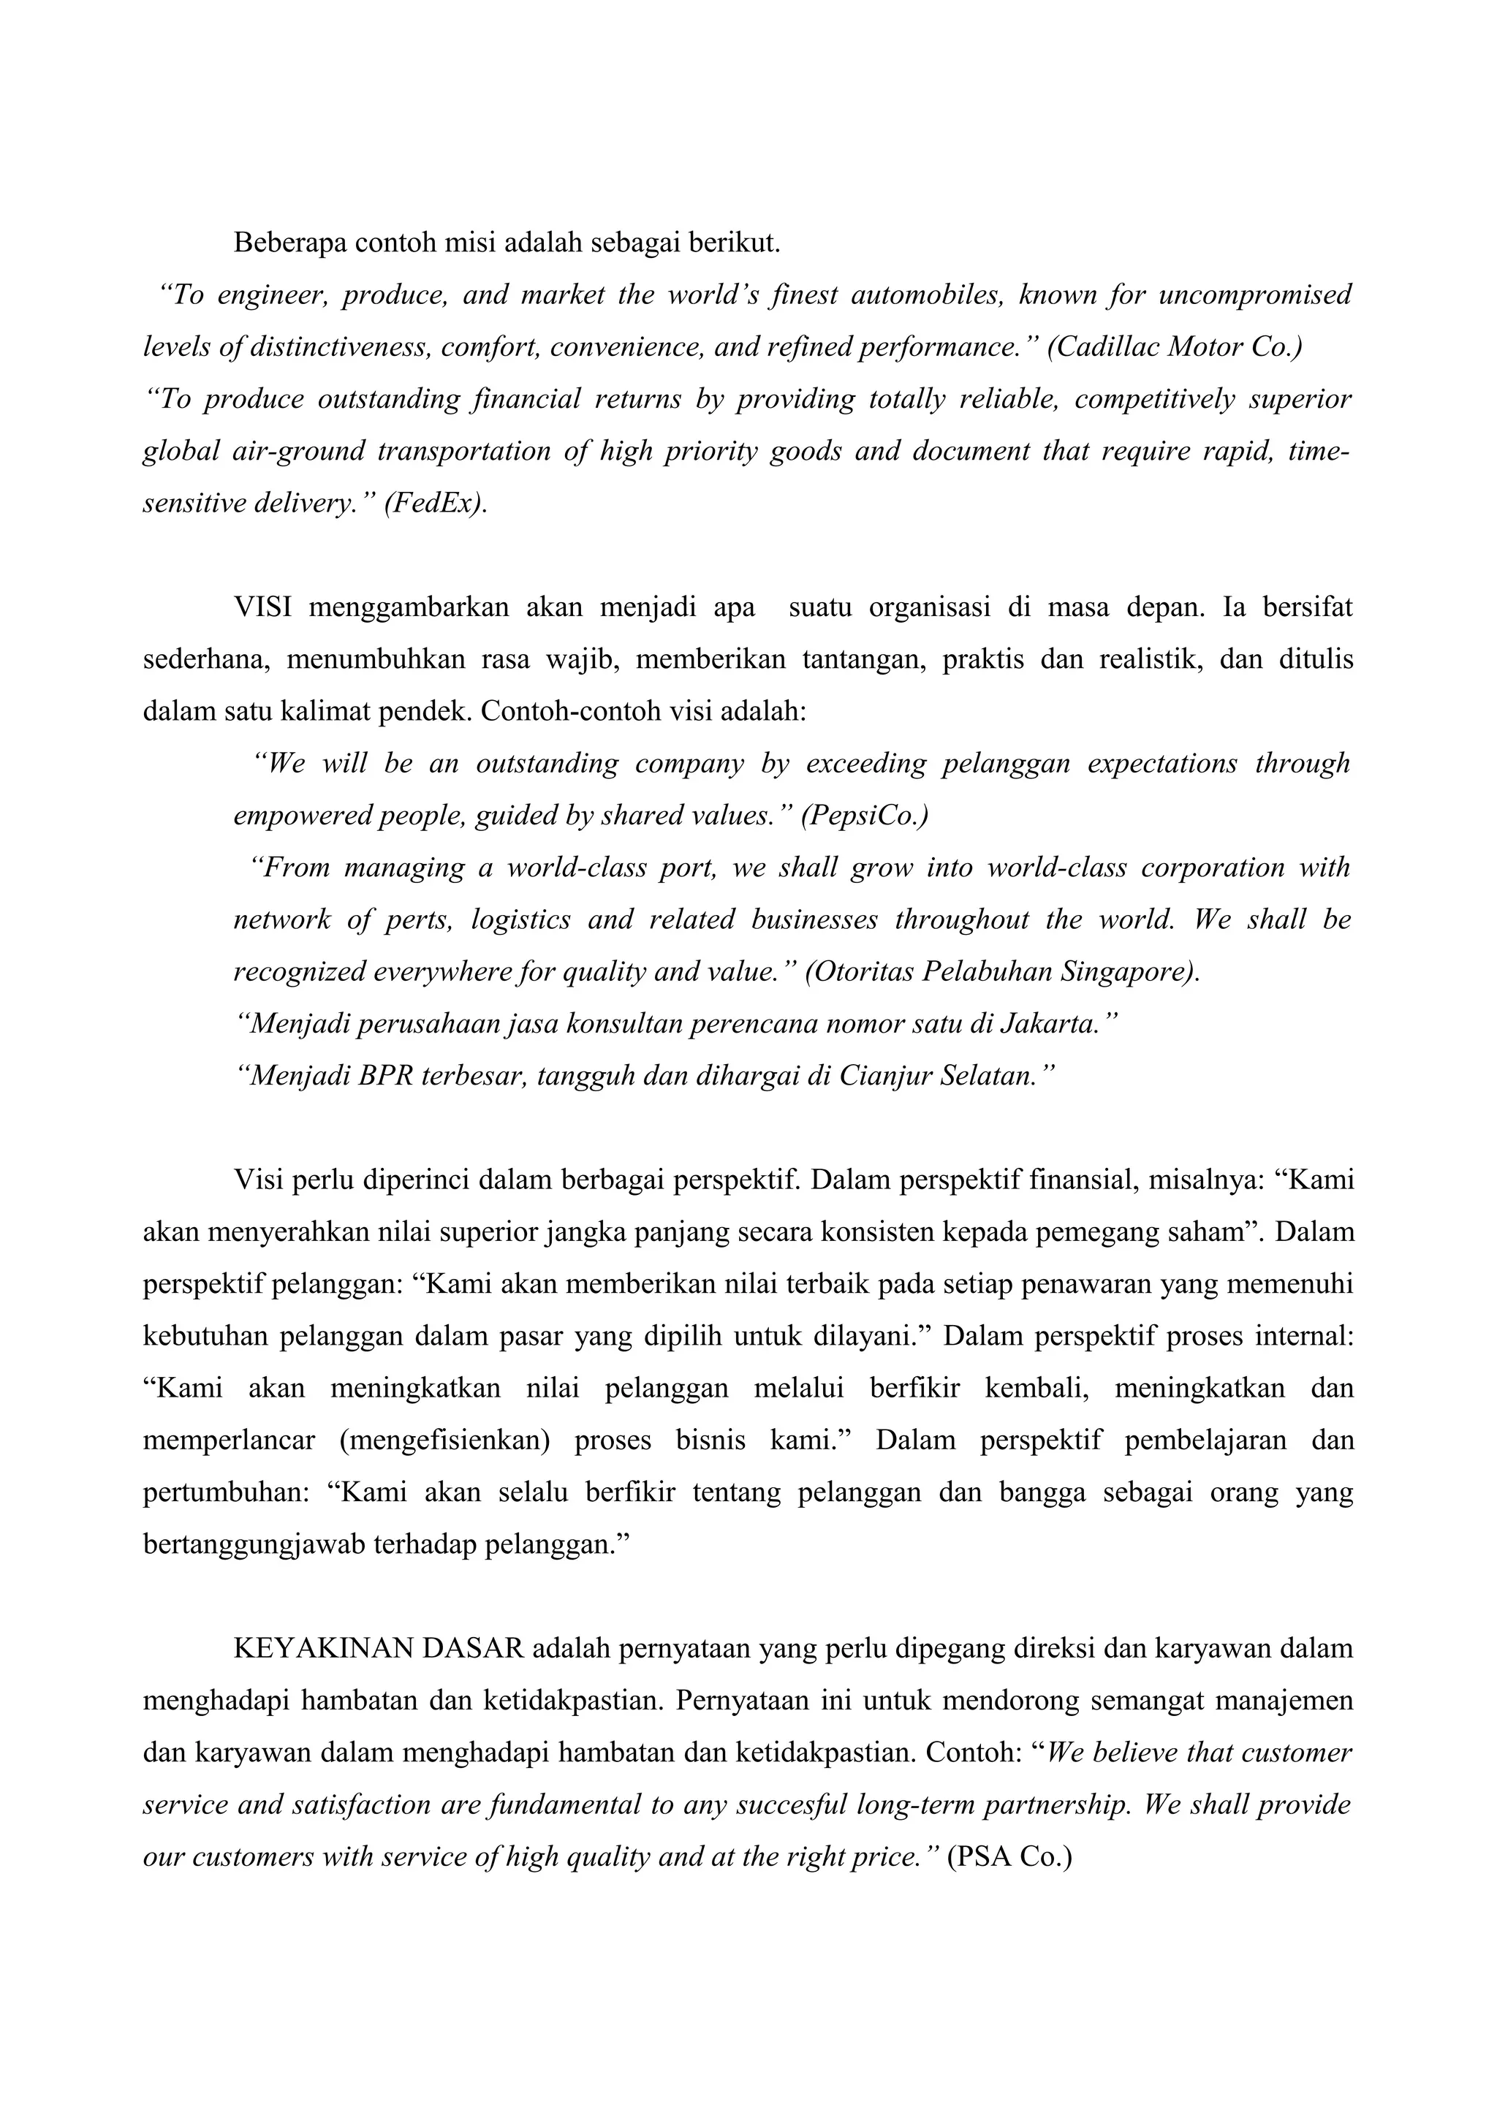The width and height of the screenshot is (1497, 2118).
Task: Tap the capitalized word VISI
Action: (263, 608)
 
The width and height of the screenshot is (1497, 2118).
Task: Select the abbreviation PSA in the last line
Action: (979, 1857)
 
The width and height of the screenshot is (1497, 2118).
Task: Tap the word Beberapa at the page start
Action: (289, 243)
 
